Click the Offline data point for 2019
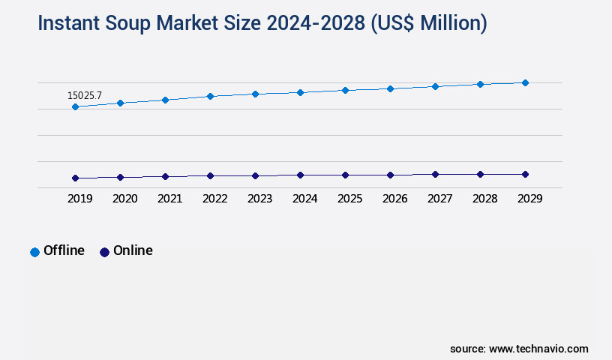(x=75, y=106)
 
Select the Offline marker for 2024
(x=300, y=92)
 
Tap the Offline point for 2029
(x=525, y=82)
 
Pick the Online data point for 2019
(x=75, y=178)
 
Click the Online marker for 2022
(x=210, y=175)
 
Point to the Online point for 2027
(x=435, y=174)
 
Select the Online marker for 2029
(x=525, y=174)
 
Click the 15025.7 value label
(x=85, y=95)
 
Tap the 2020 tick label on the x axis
(x=124, y=199)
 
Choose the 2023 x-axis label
(x=259, y=199)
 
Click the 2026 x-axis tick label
(x=394, y=199)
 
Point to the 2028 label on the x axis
(x=484, y=199)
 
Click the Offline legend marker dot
(x=34, y=252)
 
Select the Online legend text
(x=133, y=250)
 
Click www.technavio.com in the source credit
(x=538, y=349)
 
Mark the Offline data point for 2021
(x=165, y=100)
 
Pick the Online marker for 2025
(x=345, y=175)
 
